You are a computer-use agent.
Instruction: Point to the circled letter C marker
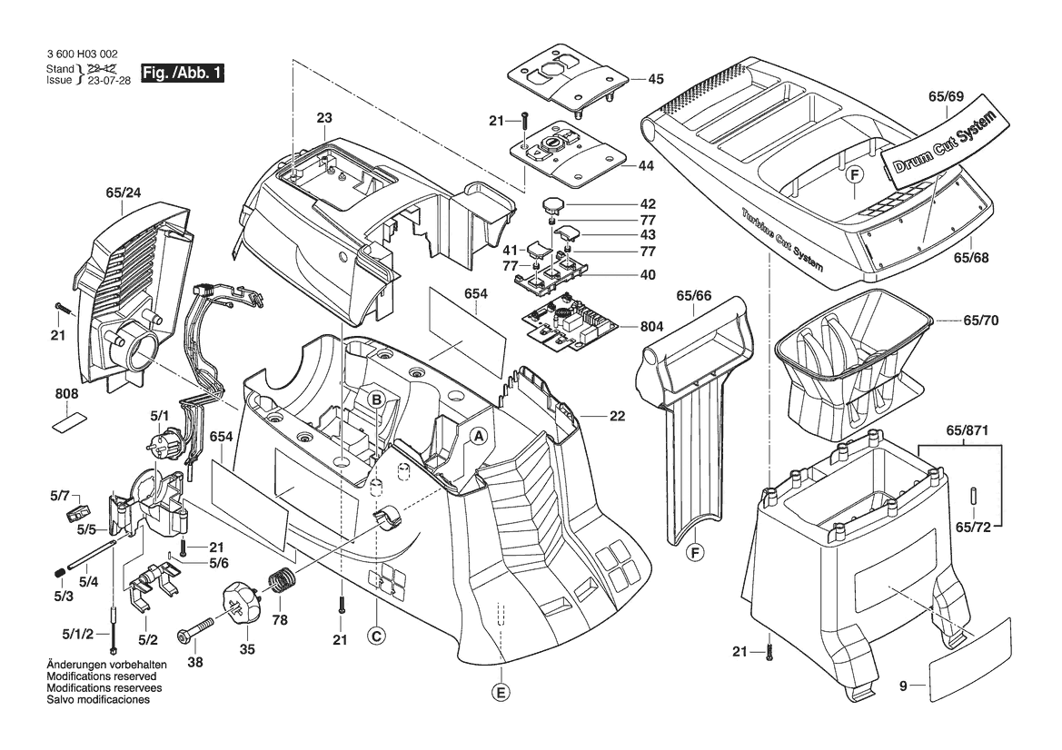[x=375, y=637]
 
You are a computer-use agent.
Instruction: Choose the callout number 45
[x=655, y=79]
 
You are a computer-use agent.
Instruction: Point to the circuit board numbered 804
[x=571, y=325]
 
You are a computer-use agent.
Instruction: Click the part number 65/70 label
[x=980, y=321]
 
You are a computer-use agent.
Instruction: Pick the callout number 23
[x=324, y=117]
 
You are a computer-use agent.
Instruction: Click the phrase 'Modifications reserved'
[x=101, y=677]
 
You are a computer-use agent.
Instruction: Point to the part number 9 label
[x=903, y=687]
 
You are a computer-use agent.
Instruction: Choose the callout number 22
[x=617, y=417]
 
